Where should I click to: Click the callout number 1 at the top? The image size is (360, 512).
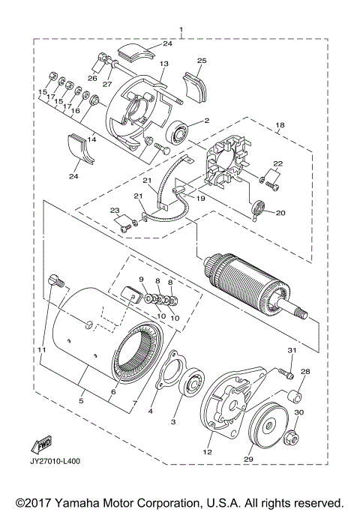[x=180, y=31]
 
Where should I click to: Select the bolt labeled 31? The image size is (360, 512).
[x=283, y=371]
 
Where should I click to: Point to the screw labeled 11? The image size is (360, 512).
[x=53, y=283]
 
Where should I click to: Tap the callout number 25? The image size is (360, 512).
[x=201, y=59]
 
